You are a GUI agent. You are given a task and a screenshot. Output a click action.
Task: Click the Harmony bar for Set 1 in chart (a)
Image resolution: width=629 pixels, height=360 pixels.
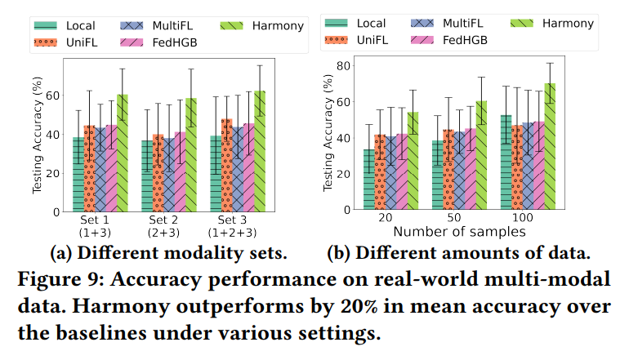[123, 153]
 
